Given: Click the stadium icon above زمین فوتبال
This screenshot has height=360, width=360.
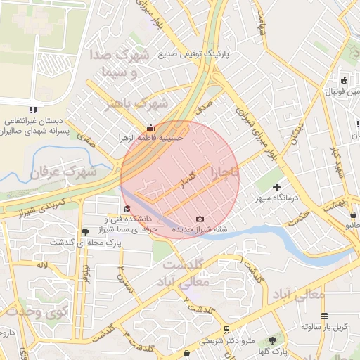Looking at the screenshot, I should point(344,79).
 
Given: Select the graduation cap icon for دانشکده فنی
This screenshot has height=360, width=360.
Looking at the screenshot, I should point(127,208).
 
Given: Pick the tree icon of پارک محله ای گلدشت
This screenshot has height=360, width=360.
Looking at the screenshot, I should point(85,231).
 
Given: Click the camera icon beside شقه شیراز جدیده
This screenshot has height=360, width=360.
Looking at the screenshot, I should point(200,219).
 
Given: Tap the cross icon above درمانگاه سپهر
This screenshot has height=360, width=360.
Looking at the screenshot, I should point(276,187).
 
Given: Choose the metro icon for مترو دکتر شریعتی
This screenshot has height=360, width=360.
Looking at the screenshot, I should point(226,330).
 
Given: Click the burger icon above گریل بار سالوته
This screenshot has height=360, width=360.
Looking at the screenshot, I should point(324,316).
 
